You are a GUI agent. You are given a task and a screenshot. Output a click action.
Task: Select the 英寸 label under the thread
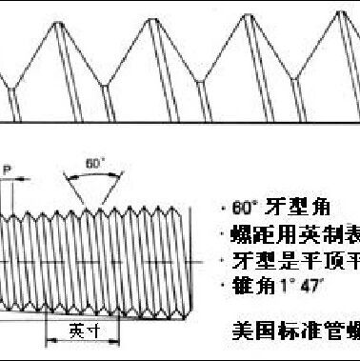pos(84,329)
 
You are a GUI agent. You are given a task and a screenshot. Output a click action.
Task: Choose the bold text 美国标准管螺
pos(295,332)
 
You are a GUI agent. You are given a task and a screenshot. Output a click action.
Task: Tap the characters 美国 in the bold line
pos(250,332)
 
